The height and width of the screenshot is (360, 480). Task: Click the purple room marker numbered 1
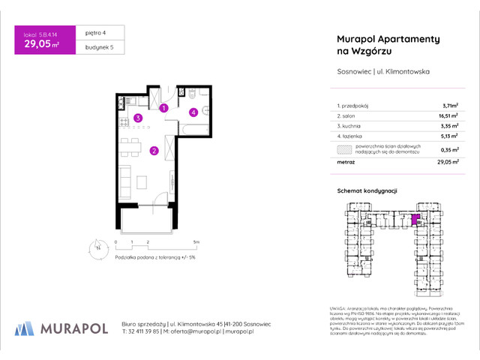[163, 108]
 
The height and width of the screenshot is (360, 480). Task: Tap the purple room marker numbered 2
[154, 151]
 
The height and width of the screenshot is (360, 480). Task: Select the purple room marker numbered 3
[137, 118]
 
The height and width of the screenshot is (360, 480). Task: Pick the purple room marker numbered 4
[193, 112]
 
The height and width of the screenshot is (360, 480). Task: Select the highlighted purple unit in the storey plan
[415, 220]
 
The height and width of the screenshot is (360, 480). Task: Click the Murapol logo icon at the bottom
[23, 327]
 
